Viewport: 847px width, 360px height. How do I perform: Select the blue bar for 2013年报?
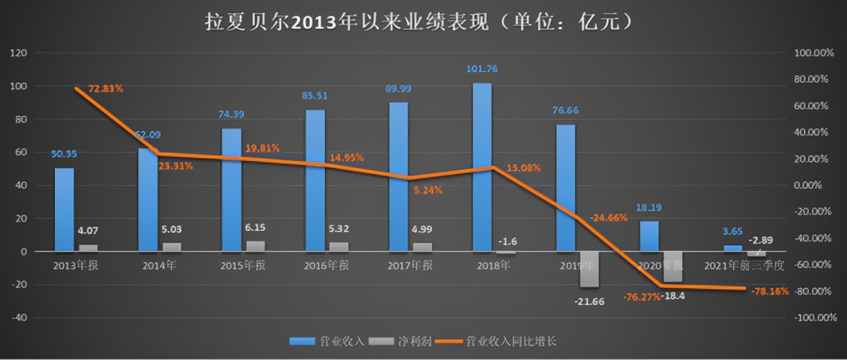coord(64,209)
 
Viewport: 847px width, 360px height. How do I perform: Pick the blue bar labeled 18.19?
coord(649,236)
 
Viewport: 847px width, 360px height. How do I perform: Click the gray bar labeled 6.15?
coord(255,246)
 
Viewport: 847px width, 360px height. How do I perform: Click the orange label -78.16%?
coord(770,291)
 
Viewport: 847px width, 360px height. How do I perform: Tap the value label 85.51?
coord(315,95)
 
